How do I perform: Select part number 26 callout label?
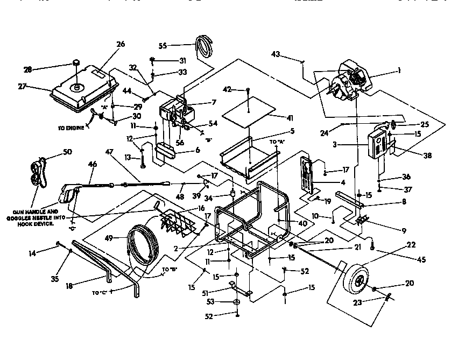(x=120, y=44)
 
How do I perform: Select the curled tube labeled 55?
(x=205, y=45)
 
